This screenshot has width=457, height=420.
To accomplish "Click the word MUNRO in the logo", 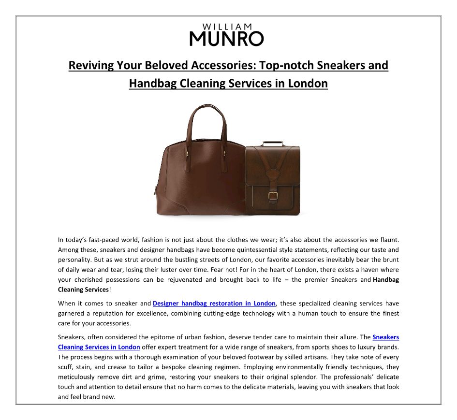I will coord(226,38).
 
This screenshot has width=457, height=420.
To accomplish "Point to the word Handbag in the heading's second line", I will coord(152,84).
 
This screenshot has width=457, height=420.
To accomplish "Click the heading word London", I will coord(308,84).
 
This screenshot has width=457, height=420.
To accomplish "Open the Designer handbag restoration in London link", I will coord(214,304).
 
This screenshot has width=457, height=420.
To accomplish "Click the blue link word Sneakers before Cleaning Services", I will coord(385,337).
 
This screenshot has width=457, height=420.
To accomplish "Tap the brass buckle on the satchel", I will coord(272,197).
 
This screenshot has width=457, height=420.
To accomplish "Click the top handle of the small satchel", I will coord(273,144).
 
